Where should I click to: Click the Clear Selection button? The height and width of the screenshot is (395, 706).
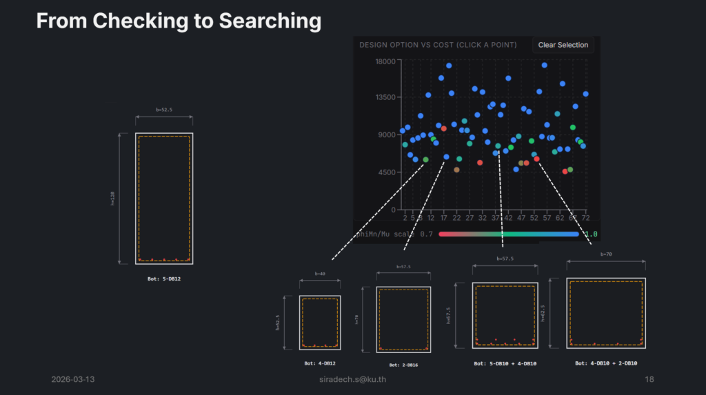point(563,45)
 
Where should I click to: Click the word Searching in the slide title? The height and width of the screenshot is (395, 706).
point(270,21)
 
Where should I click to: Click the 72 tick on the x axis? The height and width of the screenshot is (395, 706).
point(585,218)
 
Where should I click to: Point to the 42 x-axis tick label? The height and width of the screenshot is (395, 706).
point(507,218)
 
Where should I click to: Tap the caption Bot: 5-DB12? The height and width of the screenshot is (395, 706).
point(164,279)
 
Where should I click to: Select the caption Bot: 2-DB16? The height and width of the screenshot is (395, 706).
point(403,365)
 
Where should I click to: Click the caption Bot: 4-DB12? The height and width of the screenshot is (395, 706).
point(319,363)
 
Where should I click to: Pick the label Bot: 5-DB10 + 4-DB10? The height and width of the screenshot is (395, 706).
point(505,363)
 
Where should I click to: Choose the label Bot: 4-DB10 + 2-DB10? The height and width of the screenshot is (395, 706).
point(606,363)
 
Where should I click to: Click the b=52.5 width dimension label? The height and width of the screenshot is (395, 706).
point(164,110)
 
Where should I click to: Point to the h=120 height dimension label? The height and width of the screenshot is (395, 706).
point(112,199)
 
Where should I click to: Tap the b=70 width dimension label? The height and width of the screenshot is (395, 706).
point(606,254)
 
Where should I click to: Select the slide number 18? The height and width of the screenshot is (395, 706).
point(649,380)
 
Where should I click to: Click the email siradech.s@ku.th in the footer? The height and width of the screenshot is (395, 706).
point(352,380)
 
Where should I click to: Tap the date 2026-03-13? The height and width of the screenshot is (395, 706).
point(74,380)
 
